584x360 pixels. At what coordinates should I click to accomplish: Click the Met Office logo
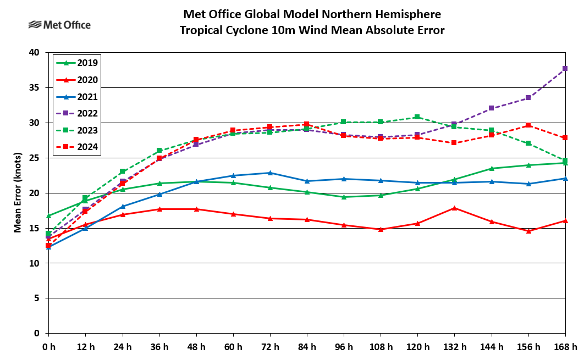coord(59,25)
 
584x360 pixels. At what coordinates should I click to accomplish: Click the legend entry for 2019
coord(77,63)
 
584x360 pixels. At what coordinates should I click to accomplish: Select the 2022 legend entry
coord(77,114)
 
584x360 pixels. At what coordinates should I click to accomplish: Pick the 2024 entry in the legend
coord(77,147)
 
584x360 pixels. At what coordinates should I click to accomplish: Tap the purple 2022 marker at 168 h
coord(565,69)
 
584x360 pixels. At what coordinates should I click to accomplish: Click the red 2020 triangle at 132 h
coord(454,208)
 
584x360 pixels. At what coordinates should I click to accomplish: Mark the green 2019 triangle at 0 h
coord(48,215)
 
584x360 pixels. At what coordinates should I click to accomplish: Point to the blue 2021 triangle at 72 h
coord(270,173)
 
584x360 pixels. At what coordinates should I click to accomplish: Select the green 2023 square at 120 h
coord(417,117)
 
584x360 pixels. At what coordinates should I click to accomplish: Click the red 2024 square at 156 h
coord(528,125)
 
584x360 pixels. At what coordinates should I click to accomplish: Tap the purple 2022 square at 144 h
coord(491,108)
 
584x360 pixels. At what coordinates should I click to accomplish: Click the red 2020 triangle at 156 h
coord(528,231)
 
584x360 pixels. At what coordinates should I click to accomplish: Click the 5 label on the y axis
coord(37,298)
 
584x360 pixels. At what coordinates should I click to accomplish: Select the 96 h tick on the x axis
coord(344,347)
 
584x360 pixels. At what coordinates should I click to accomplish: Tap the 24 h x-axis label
coord(122,347)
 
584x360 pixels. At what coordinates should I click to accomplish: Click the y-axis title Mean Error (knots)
coord(18,192)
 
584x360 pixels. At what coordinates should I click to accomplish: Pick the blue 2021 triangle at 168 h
coord(565,178)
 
